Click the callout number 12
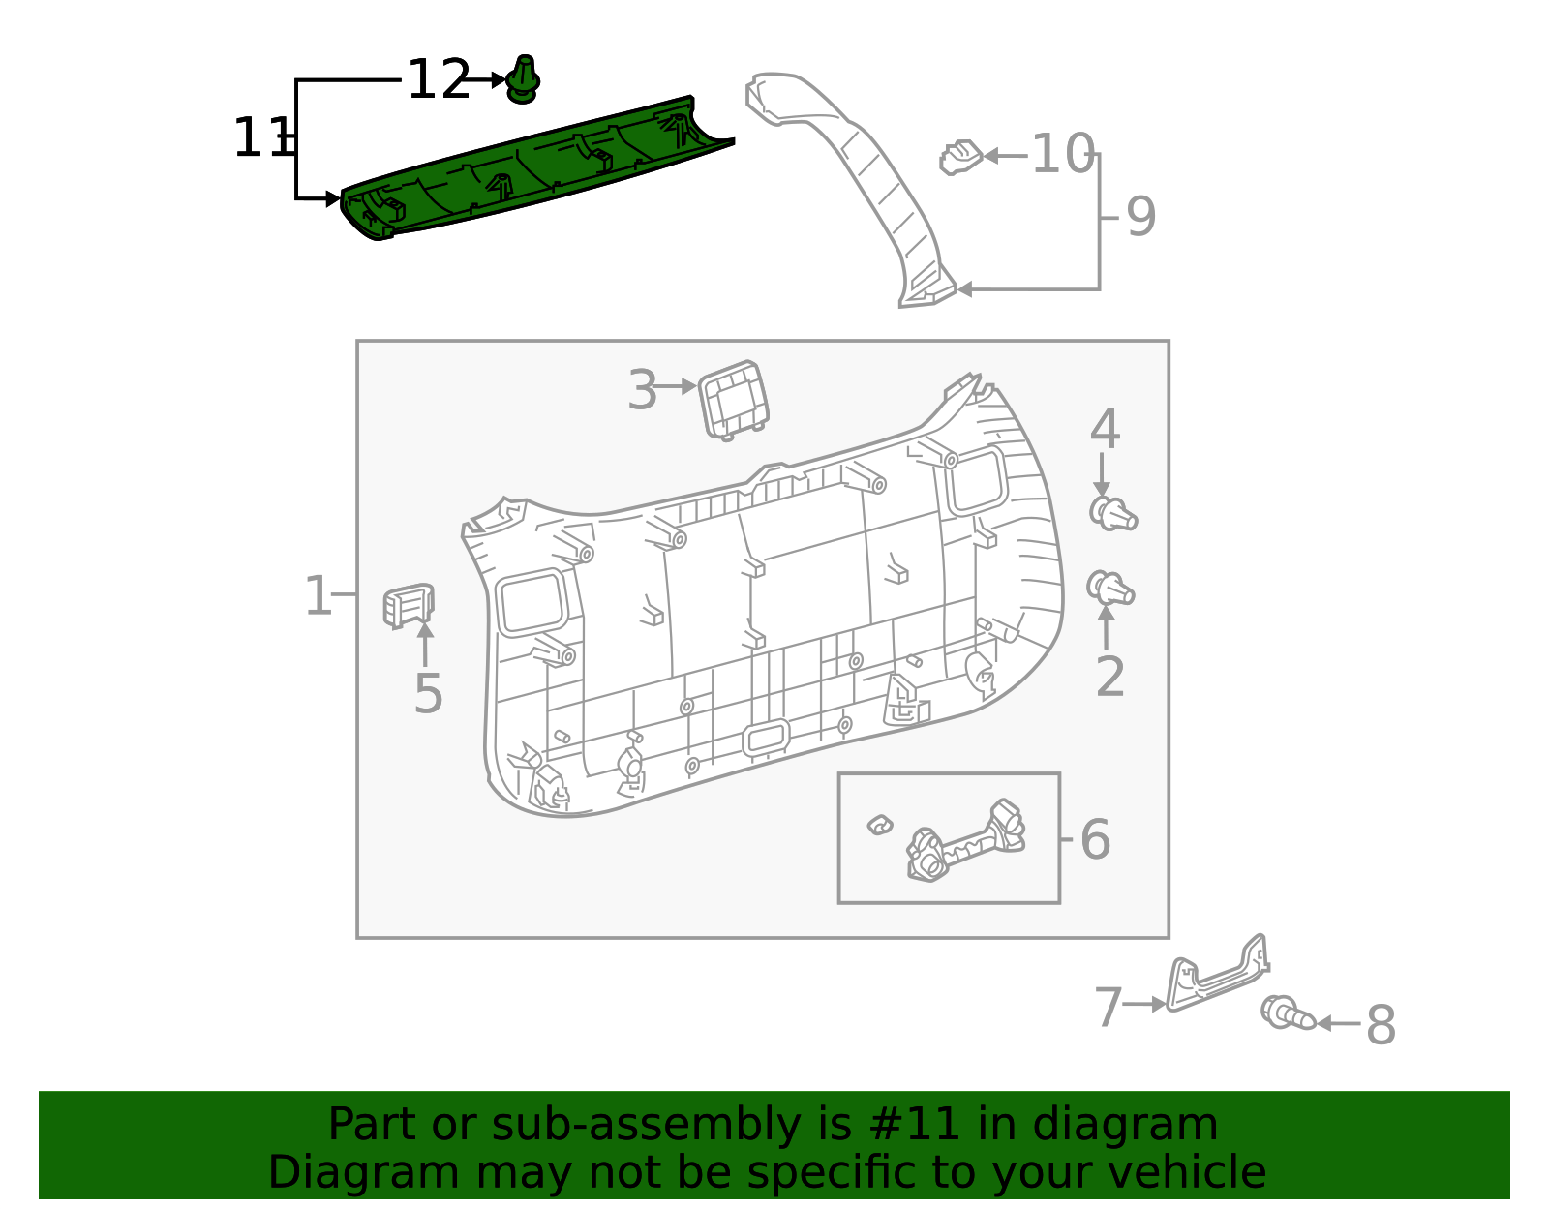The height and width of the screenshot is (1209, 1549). [439, 80]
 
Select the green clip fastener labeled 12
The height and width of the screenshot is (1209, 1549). [523, 80]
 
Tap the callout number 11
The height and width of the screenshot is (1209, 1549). [261, 138]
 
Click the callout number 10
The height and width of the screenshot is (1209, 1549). [1062, 155]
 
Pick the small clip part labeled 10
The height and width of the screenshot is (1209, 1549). [960, 157]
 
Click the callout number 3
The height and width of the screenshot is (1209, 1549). [642, 391]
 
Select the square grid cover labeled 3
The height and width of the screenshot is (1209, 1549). [734, 400]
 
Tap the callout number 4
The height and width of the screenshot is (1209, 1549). [1105, 431]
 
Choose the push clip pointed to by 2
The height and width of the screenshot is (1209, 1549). [1109, 588]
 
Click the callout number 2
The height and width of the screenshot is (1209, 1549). [1109, 677]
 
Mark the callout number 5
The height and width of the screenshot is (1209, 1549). [428, 694]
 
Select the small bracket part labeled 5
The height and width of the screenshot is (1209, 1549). [408, 606]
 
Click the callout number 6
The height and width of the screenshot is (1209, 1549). [1095, 839]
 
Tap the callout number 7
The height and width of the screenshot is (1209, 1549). [1108, 1008]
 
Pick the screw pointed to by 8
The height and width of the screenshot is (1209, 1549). [1287, 1013]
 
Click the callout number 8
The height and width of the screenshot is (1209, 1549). [1381, 1025]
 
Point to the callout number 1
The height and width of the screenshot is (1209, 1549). [319, 596]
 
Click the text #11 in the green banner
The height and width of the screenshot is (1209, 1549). [915, 1125]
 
